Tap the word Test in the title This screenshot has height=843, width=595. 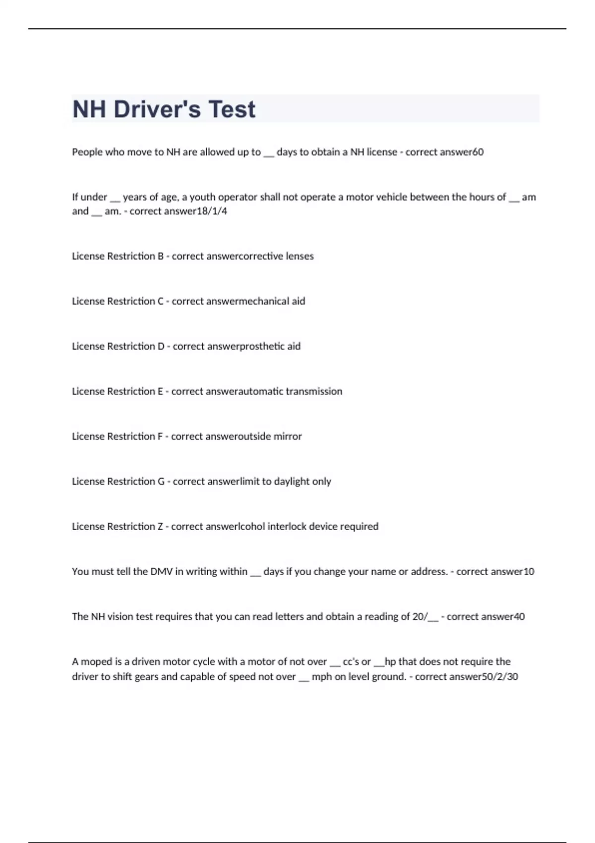coord(232,109)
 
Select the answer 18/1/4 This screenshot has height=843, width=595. coord(212,211)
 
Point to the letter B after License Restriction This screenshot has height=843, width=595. coord(161,256)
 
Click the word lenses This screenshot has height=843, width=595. coord(299,256)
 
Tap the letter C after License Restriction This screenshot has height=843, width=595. coord(161,301)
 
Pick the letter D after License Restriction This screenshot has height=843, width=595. coord(161,347)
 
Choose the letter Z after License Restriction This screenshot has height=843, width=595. coord(160,527)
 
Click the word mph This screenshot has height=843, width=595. coord(322,677)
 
